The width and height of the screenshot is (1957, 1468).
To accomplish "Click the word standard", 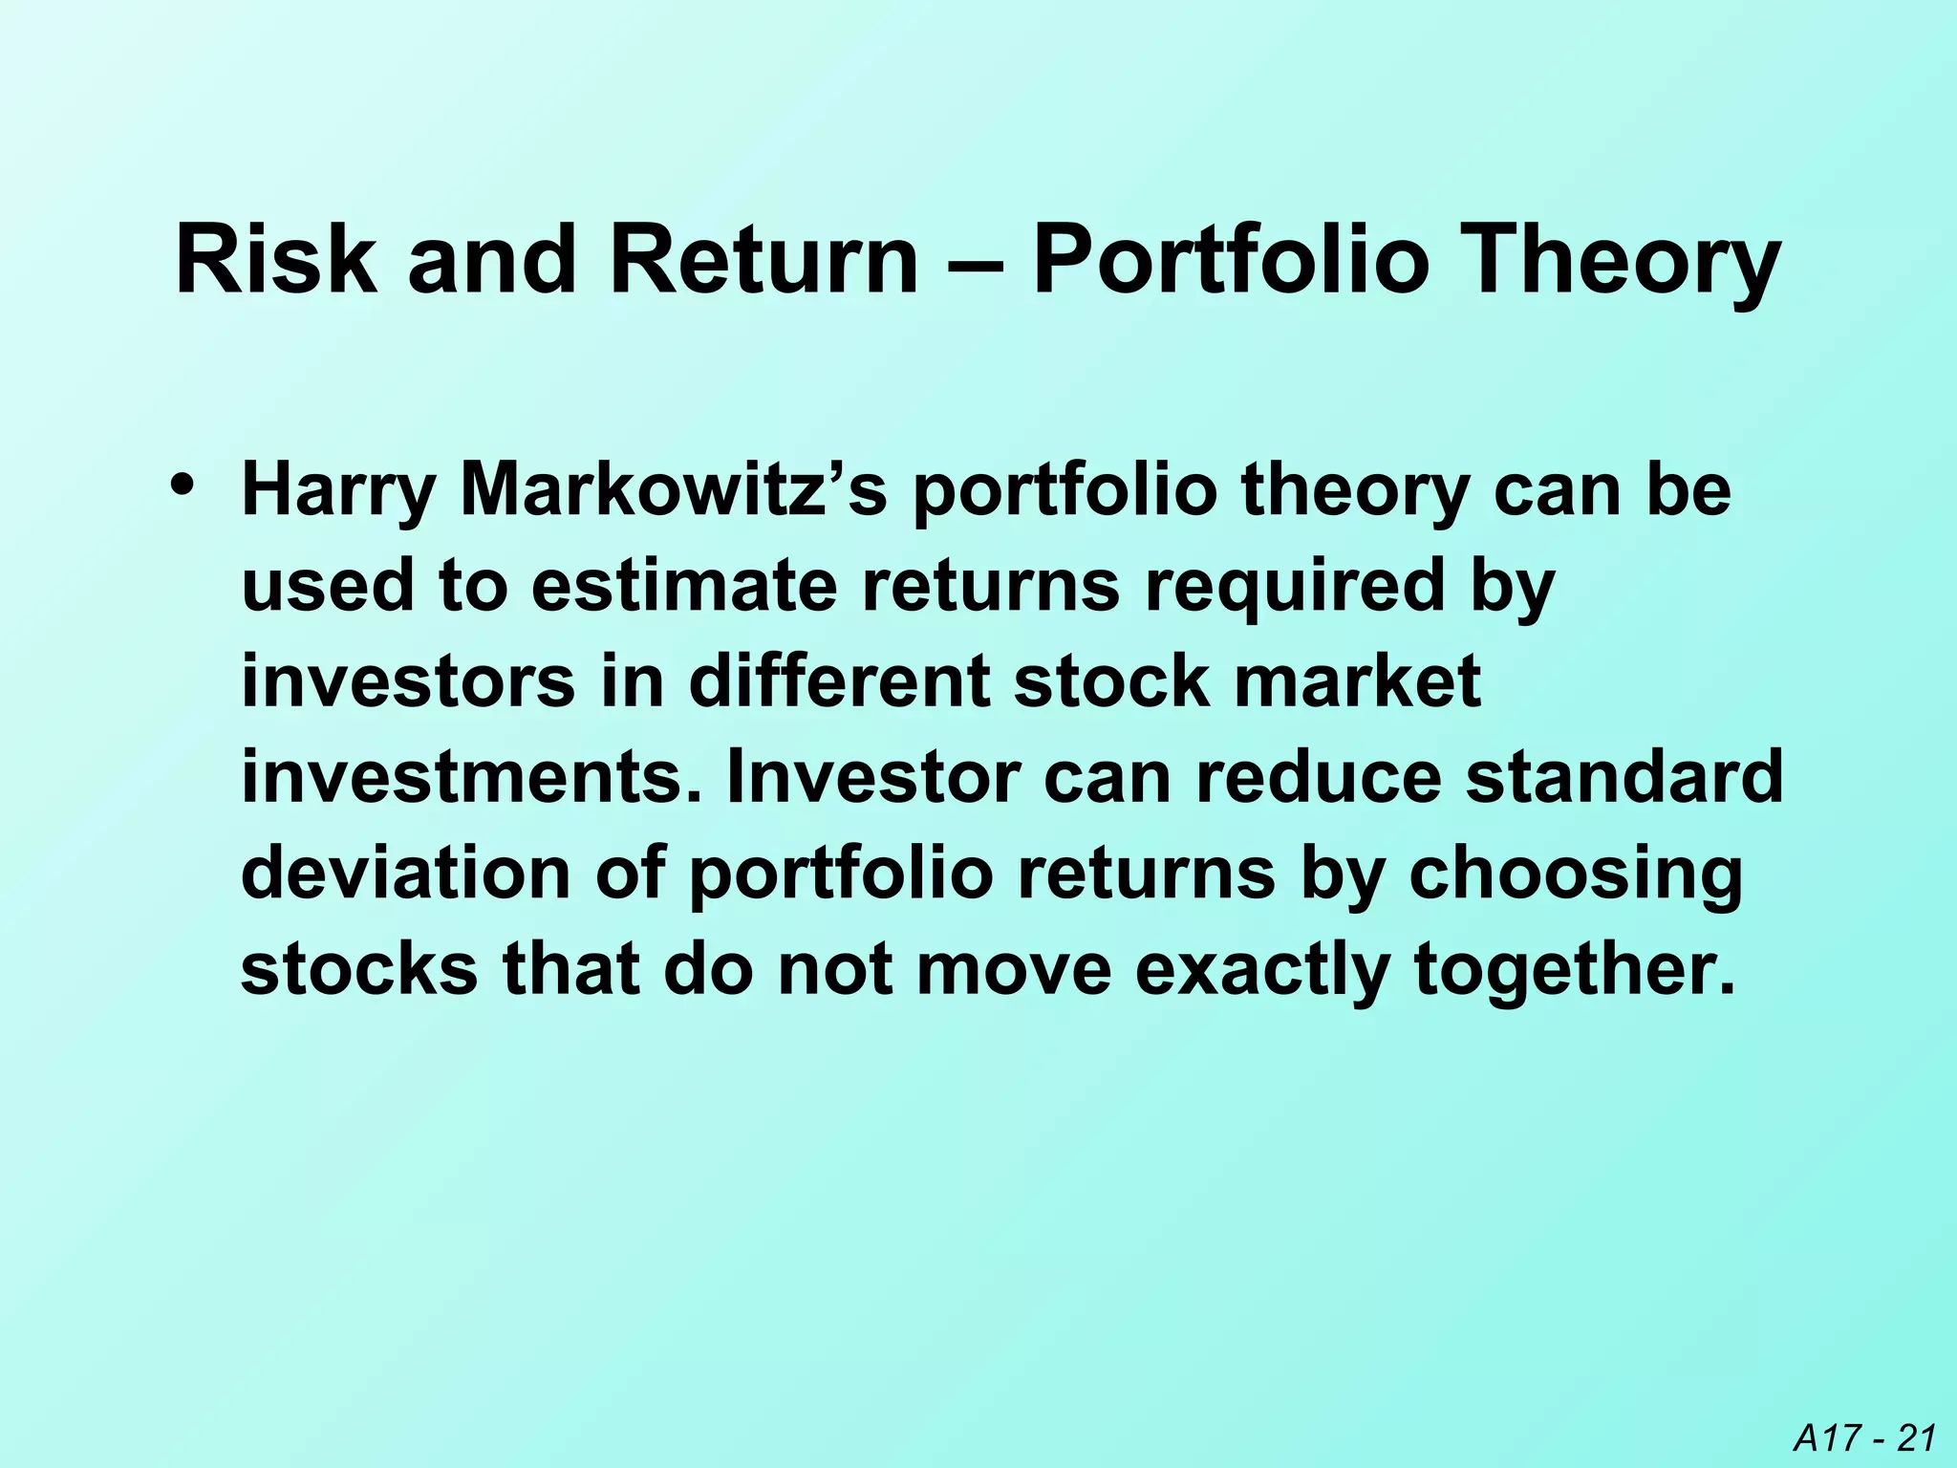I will tap(1625, 776).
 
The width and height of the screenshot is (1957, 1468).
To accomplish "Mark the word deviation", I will tap(405, 872).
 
